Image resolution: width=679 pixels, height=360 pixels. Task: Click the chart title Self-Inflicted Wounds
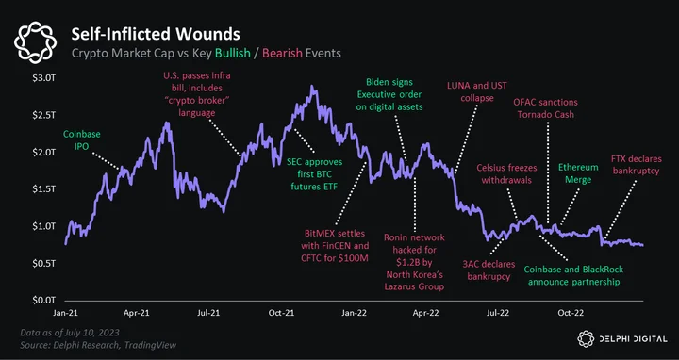click(155, 34)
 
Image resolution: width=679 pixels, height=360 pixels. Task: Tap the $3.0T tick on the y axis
click(43, 78)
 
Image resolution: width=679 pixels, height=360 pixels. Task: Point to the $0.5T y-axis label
click(43, 263)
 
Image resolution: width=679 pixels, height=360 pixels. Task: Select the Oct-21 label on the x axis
click(281, 313)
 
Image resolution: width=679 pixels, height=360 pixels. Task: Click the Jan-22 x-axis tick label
click(354, 313)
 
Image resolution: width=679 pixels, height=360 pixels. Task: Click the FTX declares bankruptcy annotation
click(636, 165)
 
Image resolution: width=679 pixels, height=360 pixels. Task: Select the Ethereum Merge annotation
click(578, 173)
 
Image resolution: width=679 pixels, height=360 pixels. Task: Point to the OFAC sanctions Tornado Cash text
click(545, 108)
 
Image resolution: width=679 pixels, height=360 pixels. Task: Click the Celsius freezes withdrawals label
click(506, 173)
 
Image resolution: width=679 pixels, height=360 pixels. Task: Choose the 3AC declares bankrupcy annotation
click(489, 270)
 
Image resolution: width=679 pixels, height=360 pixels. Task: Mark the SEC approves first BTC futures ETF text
click(314, 174)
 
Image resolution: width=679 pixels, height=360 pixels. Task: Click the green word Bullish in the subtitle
click(233, 53)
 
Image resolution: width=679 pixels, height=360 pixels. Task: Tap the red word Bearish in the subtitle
click(282, 53)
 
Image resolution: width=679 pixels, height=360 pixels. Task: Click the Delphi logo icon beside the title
click(36, 42)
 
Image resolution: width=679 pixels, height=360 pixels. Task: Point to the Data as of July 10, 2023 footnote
click(70, 333)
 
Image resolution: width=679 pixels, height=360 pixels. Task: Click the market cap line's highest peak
click(312, 86)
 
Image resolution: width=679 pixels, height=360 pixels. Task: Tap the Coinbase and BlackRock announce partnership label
click(573, 275)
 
